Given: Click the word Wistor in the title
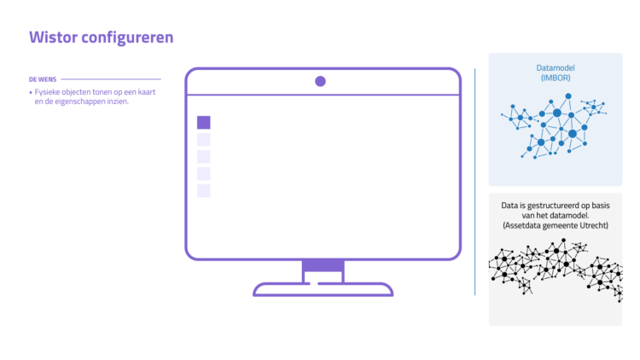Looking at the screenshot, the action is click(x=53, y=38).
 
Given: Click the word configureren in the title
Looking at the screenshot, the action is click(x=127, y=38).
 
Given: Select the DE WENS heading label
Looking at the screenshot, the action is click(x=43, y=79).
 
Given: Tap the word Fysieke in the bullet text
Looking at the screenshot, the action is click(x=47, y=92).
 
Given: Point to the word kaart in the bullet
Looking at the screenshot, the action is click(x=146, y=92).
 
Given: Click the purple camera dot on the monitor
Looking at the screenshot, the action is click(x=320, y=81).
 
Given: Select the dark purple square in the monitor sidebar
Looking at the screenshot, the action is click(x=204, y=123).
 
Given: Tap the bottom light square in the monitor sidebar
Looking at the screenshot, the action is click(x=204, y=191).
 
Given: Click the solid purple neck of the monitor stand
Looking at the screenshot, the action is click(x=323, y=265).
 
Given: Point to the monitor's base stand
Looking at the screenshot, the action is click(x=323, y=289).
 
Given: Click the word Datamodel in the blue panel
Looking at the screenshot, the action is click(x=556, y=67).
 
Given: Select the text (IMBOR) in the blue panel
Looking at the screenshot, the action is click(x=556, y=78).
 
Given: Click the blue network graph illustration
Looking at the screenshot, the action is click(x=554, y=125).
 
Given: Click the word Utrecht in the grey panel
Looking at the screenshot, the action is click(x=594, y=225).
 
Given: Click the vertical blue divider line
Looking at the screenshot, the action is click(x=474, y=182).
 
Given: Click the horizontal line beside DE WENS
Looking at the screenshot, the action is click(x=111, y=79).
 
